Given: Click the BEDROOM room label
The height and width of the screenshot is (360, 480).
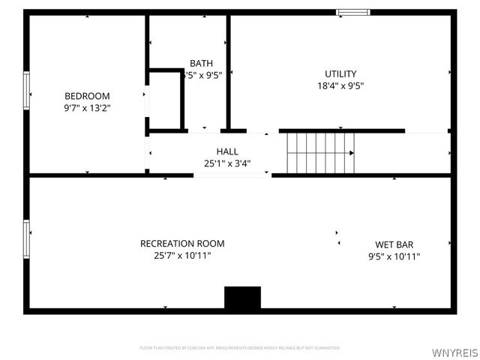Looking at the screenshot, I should tap(87, 96).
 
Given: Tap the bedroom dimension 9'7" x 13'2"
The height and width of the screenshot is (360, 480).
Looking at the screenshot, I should tap(87, 108).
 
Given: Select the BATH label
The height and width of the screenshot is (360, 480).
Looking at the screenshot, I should tap(201, 63).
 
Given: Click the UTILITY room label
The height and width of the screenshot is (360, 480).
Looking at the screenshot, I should tap(340, 73).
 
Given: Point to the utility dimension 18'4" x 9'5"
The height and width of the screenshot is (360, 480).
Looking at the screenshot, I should tap(340, 85).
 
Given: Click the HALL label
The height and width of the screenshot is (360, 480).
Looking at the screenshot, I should tap(227, 151).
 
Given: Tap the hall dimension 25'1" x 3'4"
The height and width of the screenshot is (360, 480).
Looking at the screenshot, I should tap(227, 163).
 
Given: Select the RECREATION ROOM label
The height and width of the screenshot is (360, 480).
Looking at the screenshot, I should tap(182, 244).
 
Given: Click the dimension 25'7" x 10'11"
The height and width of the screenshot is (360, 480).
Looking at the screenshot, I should tap(182, 256).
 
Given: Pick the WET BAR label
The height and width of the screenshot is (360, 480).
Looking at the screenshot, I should tap(394, 244).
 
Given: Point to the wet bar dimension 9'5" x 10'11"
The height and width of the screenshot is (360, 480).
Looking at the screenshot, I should tap(394, 256).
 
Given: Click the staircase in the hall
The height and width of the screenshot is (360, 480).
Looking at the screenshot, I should tap(319, 152).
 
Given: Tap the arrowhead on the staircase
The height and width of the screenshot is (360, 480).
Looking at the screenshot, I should tap(352, 152).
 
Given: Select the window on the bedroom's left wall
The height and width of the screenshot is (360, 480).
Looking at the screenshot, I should tap(27, 91).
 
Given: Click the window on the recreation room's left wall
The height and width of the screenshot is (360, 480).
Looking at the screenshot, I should tap(27, 239).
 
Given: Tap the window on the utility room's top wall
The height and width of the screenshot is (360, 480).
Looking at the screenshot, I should tap(352, 12).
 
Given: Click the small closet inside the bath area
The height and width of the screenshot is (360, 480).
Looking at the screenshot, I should tap(165, 100).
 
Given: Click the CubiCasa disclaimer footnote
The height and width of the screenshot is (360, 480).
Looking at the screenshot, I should tap(240, 348).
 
